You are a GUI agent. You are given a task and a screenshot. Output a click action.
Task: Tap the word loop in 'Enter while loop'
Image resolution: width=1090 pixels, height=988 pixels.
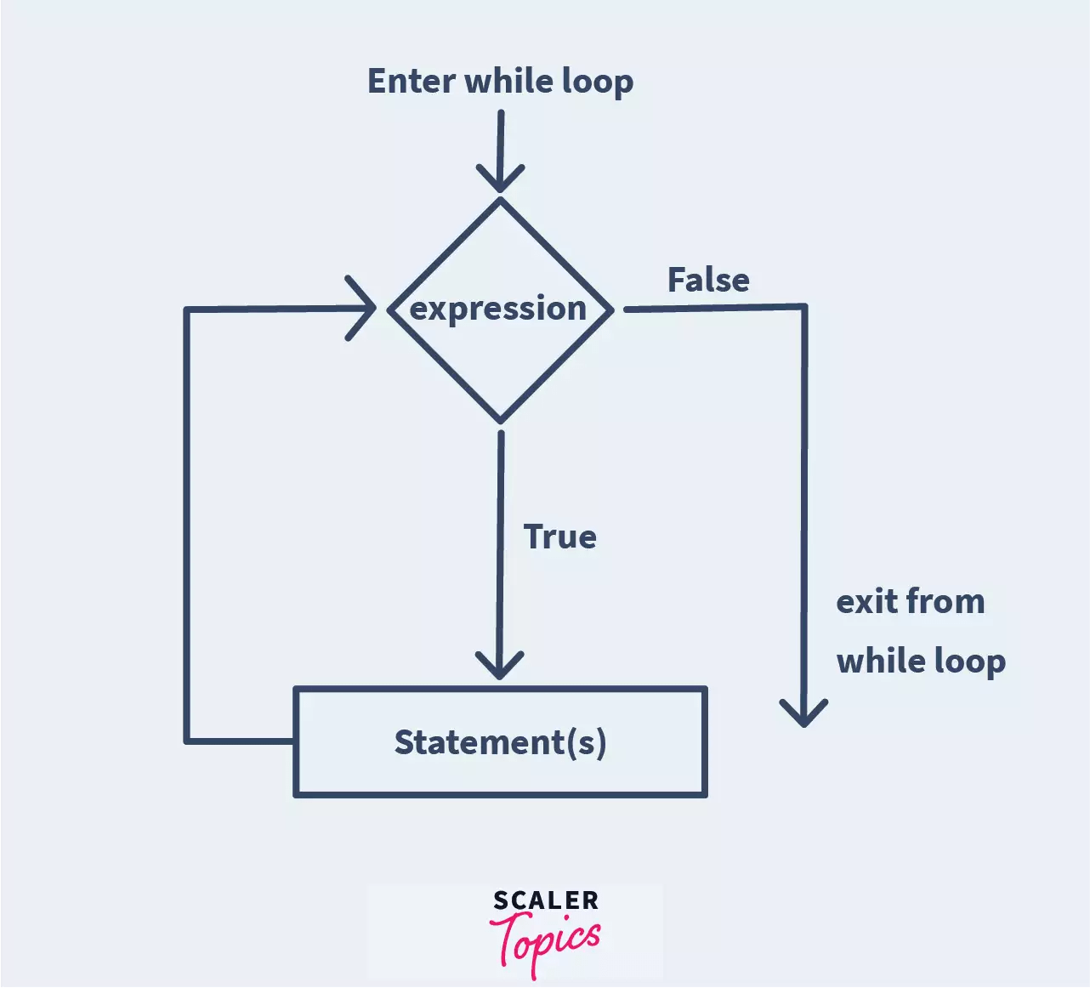598,82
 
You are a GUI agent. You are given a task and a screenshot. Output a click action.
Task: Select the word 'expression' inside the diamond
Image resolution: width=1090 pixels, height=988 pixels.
498,309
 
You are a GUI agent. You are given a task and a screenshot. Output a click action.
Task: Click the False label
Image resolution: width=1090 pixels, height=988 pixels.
708,280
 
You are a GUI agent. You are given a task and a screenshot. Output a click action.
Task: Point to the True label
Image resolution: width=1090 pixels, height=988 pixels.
559,537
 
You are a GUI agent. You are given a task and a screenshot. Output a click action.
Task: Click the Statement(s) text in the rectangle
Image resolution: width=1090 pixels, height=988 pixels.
500,742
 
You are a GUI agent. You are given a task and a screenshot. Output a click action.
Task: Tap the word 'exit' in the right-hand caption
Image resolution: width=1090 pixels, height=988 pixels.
866,601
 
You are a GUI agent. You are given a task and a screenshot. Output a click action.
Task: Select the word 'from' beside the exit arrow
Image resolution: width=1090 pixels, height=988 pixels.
945,601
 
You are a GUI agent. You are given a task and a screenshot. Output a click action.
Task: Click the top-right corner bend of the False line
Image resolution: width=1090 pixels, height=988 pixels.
804,306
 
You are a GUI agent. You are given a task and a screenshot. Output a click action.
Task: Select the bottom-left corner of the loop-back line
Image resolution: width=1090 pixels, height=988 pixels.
187,741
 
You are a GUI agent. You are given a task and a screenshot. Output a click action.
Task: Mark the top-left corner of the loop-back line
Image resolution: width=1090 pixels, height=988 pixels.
187,309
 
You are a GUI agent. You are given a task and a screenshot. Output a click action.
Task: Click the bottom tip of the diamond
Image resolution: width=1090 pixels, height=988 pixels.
500,421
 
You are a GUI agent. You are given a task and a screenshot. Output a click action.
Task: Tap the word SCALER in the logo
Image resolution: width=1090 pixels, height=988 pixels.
546,900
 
